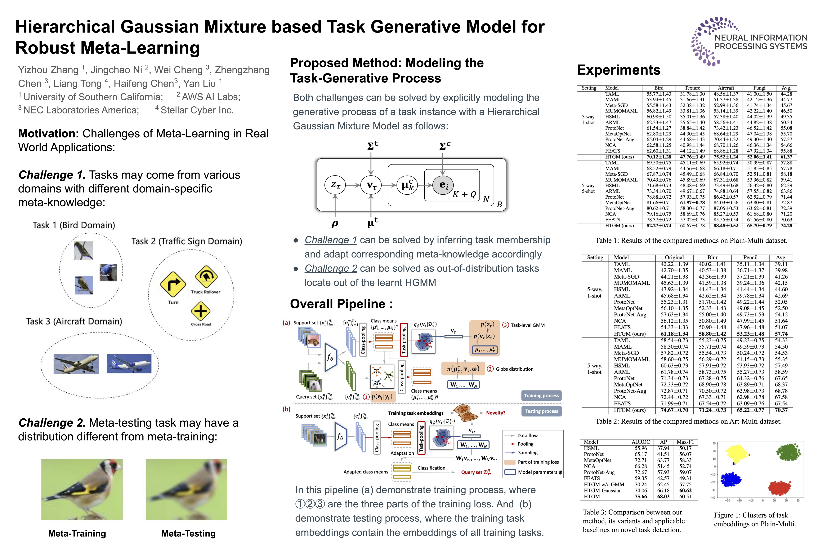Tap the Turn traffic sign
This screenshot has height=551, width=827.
click(x=173, y=284)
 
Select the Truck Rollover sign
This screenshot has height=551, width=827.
click(x=206, y=276)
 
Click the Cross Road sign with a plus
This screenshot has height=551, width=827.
click(x=200, y=311)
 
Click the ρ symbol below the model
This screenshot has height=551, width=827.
click(x=335, y=223)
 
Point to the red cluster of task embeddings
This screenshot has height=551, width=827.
click(x=779, y=488)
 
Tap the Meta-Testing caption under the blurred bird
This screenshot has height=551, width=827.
click(x=188, y=533)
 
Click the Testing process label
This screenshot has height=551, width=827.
click(x=542, y=411)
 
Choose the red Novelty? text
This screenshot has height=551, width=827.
click(x=495, y=413)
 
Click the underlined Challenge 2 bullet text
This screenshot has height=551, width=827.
click(x=331, y=268)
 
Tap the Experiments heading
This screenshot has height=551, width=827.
click(x=619, y=70)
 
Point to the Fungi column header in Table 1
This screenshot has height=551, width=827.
click(x=759, y=88)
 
